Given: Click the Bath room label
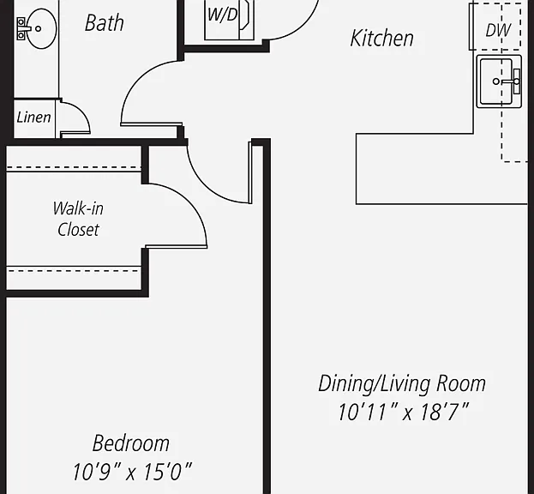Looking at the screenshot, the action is click(105, 23).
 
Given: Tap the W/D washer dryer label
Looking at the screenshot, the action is click(222, 15).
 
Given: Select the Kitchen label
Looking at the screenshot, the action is click(381, 38).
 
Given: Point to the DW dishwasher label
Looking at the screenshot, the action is click(498, 30).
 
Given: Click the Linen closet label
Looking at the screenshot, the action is click(33, 117).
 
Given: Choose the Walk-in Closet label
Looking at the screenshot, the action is click(78, 219).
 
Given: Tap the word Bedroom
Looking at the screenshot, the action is click(131, 443).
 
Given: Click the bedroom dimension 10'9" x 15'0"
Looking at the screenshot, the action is click(132, 472).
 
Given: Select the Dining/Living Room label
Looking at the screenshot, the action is click(402, 384).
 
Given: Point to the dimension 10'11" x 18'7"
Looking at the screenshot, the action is click(404, 412).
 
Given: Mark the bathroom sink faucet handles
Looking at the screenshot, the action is click(21, 28).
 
